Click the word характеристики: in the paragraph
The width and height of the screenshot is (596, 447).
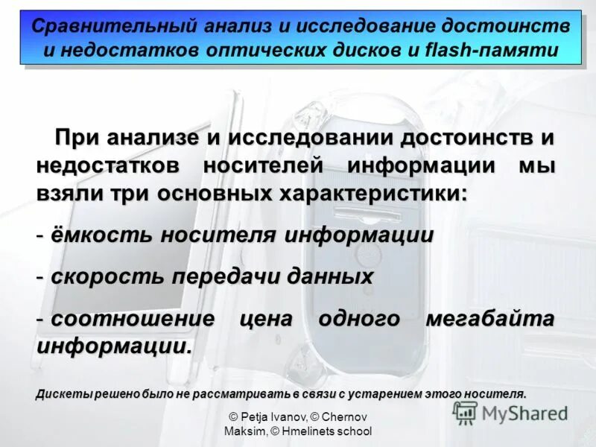click(373, 192)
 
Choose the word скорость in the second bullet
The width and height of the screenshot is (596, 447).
click(107, 277)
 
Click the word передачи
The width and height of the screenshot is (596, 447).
click(228, 277)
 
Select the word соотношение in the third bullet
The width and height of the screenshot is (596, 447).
click(133, 319)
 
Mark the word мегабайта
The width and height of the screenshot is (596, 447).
click(489, 319)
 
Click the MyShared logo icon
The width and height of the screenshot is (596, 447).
click(466, 413)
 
